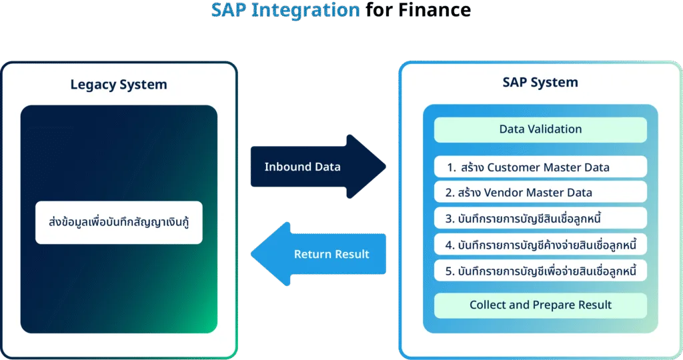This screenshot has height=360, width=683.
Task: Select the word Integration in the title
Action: (305, 11)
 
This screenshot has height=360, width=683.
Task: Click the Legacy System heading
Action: (119, 85)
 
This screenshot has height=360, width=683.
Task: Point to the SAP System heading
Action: (540, 82)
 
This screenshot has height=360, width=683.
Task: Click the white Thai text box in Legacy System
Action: (119, 223)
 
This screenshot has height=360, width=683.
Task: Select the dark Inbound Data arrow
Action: (318, 167)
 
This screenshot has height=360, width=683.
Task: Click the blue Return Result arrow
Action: (318, 254)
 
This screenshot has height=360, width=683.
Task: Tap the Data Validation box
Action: (540, 130)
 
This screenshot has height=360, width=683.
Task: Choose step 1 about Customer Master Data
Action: (540, 167)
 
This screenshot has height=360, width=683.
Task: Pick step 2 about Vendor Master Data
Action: (540, 193)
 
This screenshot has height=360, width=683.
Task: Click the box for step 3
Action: (540, 218)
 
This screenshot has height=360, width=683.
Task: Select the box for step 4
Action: (540, 245)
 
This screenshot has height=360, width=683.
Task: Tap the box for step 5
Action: (540, 271)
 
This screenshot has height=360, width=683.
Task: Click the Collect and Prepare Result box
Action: (540, 305)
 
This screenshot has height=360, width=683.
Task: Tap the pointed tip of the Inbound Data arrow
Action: (386, 167)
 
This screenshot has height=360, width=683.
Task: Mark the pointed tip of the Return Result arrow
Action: (251, 254)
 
